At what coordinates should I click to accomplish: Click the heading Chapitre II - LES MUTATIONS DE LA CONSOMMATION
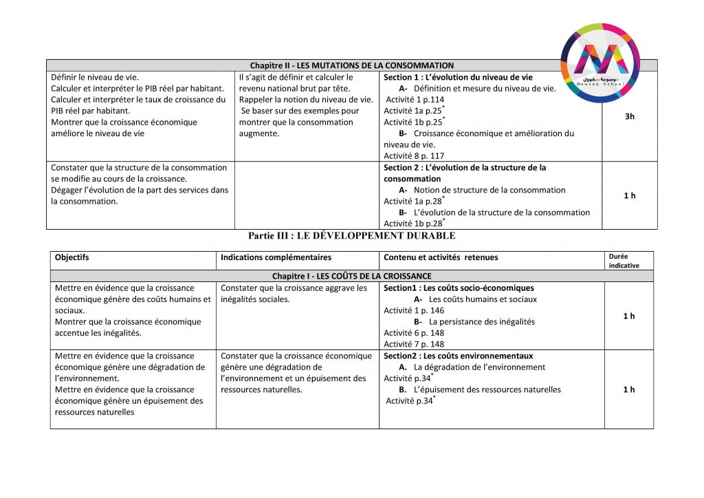point(351,65)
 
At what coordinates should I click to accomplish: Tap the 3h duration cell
point(629,116)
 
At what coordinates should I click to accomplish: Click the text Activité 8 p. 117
point(414,156)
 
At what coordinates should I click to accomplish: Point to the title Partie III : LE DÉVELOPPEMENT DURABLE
point(351,236)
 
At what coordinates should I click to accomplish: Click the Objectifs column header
point(72,258)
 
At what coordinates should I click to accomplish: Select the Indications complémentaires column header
point(276,258)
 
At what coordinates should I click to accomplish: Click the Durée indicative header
point(624,261)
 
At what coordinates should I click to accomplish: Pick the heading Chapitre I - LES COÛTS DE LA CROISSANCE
point(351,276)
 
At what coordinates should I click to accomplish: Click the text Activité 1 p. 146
point(414,311)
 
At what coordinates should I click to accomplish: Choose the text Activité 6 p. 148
point(414,333)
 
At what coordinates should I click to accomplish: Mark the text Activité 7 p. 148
point(414,344)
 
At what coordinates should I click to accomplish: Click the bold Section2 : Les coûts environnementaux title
point(458,356)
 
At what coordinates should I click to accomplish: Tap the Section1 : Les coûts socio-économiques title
point(459,288)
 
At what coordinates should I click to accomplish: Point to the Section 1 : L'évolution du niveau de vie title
point(458,78)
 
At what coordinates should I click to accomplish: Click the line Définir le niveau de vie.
point(95,78)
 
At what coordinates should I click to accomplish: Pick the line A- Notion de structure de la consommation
point(482,190)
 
